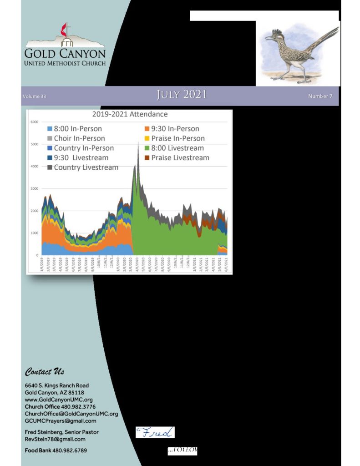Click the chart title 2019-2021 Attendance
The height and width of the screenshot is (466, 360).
tap(130, 114)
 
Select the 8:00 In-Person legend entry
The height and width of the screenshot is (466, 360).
tap(77, 129)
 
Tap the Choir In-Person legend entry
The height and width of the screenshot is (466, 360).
tap(79, 138)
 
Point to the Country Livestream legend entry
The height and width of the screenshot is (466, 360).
tap(86, 167)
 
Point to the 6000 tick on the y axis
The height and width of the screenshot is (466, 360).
tap(34, 122)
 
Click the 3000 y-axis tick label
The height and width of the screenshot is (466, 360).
tap(34, 188)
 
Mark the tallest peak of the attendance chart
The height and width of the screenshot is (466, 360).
tap(138, 142)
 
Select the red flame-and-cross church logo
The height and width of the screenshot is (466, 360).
tap(64, 32)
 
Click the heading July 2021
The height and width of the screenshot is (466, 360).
tap(182, 95)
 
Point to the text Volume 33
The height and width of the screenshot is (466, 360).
tap(35, 96)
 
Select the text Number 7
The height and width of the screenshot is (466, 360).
tap(320, 96)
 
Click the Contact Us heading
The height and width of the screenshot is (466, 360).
tap(45, 372)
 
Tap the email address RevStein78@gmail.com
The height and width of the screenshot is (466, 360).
tap(55, 439)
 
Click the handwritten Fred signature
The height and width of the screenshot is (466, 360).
tap(155, 432)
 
